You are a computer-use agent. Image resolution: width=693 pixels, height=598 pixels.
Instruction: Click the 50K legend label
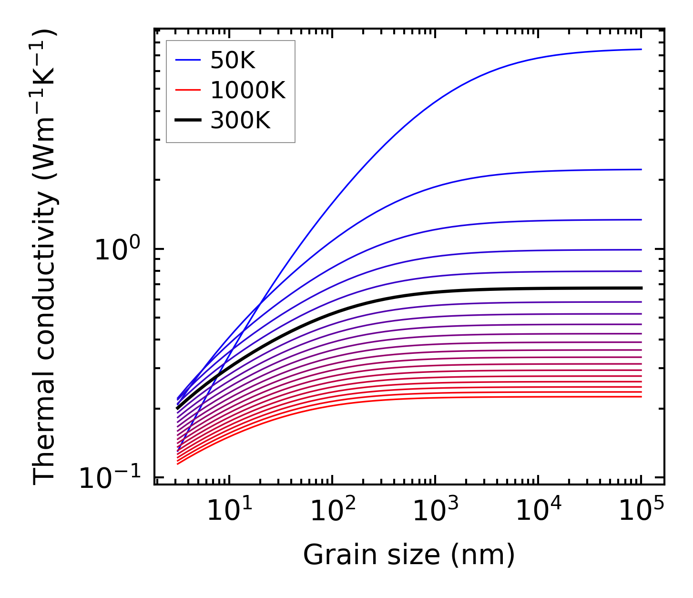click(x=233, y=61)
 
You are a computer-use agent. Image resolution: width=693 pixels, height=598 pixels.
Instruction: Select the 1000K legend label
click(x=247, y=90)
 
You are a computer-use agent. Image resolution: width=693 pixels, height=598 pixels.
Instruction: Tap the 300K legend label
click(x=240, y=121)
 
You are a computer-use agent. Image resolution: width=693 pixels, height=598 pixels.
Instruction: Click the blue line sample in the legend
click(x=188, y=60)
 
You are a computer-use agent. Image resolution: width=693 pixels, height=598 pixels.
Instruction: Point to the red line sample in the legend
click(x=188, y=90)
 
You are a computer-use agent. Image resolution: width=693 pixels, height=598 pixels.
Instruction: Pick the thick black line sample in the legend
click(x=188, y=120)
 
